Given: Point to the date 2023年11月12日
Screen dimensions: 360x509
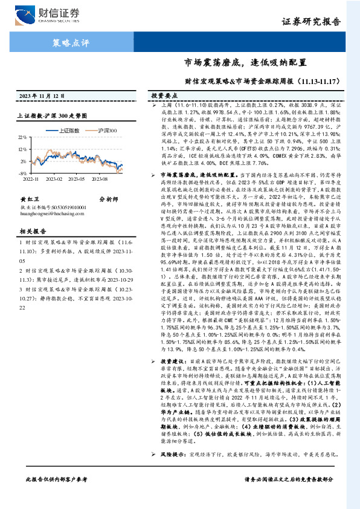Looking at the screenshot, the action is pos(41,96).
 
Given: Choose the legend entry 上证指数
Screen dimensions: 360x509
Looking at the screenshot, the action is pos(68,131).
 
